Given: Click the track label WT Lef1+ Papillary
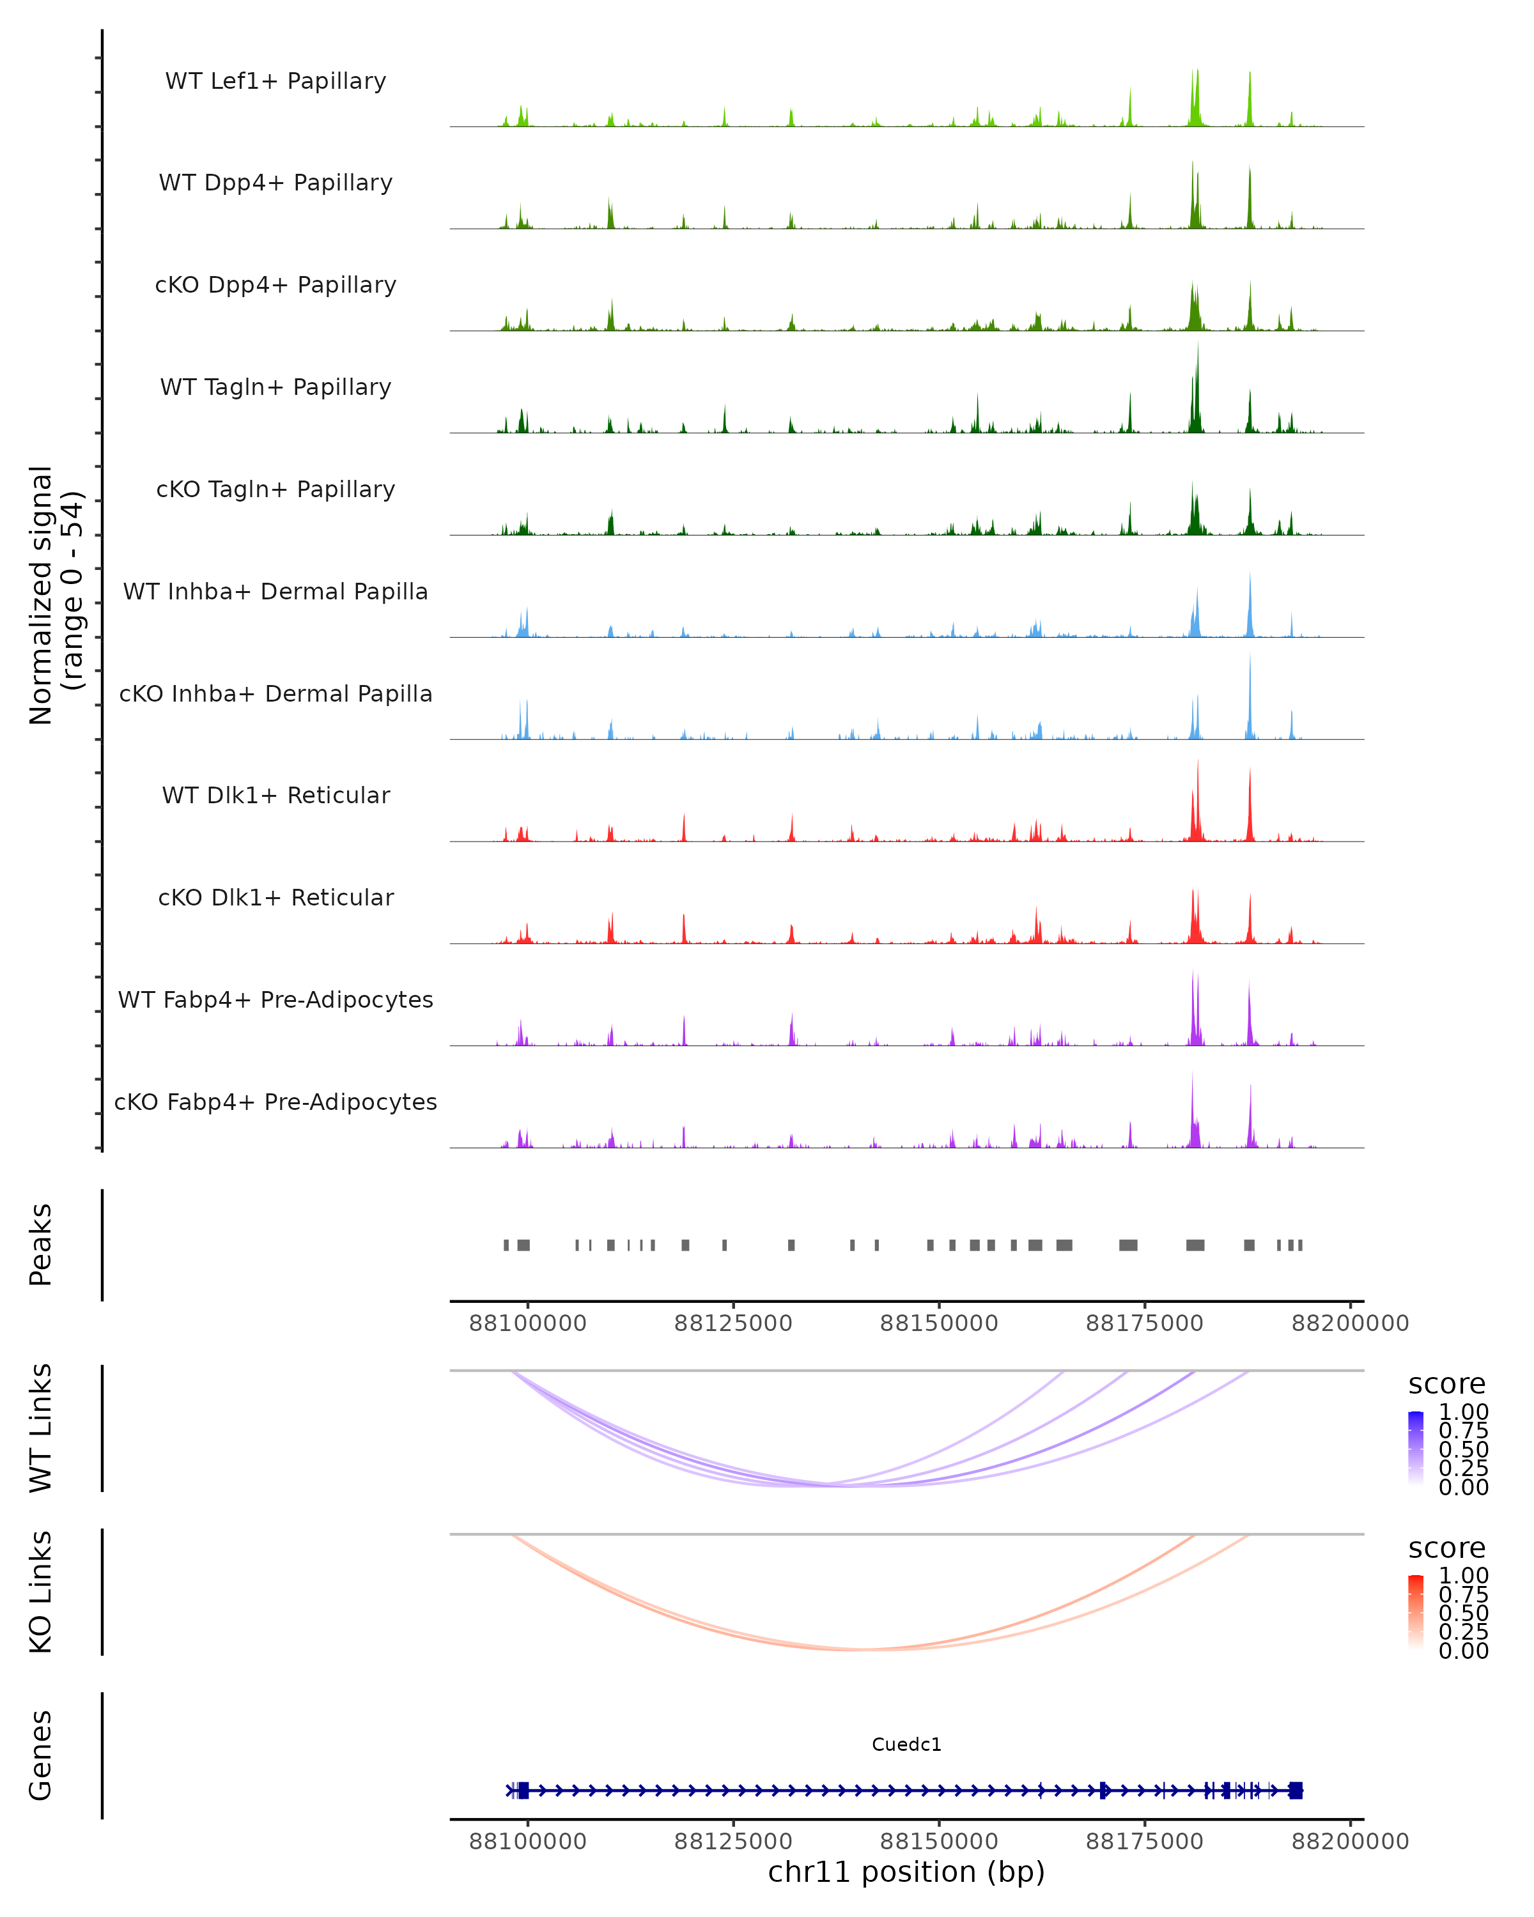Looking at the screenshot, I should [x=275, y=81].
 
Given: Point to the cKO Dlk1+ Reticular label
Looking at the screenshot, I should [x=275, y=897].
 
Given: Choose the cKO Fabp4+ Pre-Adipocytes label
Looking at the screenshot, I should [x=275, y=1102].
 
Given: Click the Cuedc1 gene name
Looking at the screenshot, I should [x=906, y=1744].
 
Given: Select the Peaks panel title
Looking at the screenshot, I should [x=41, y=1245].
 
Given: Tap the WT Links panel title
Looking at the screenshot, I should [x=41, y=1428].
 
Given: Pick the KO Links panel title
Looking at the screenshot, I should [x=41, y=1592].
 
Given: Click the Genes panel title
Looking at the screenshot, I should [x=41, y=1755].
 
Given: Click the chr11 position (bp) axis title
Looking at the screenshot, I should [x=906, y=1872].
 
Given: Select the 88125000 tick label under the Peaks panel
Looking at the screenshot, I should [x=732, y=1323].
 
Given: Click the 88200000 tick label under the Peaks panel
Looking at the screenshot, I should [x=1350, y=1323].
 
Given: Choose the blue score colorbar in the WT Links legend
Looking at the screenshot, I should [x=1416, y=1449].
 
